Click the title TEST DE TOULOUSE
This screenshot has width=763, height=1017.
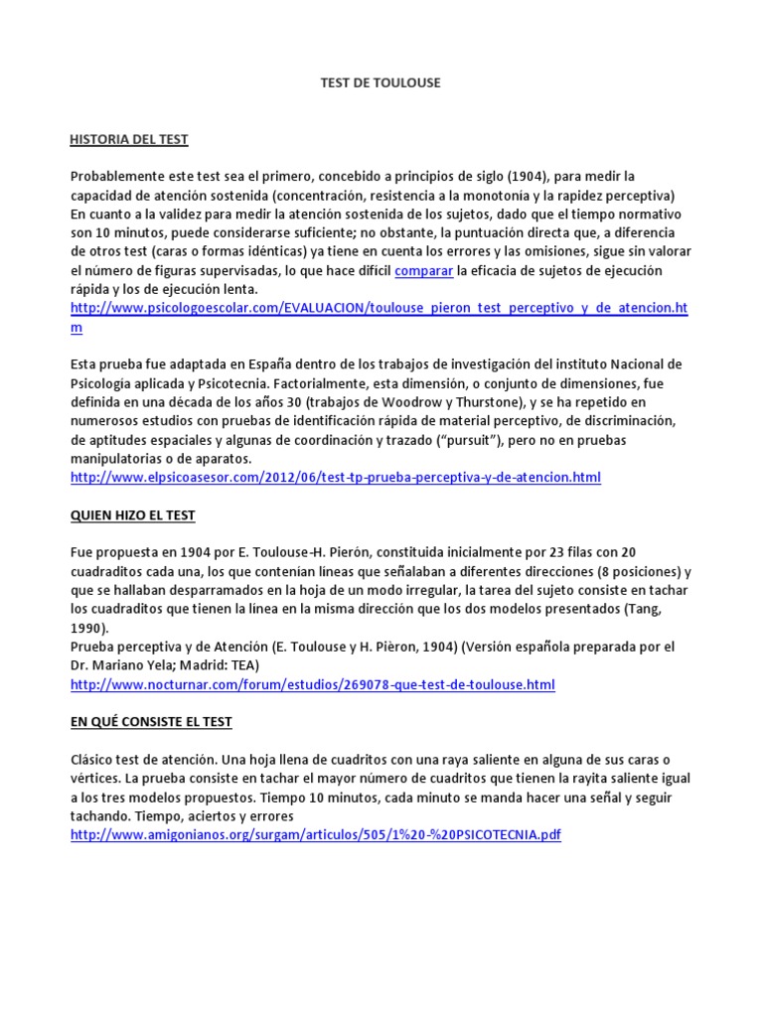[381, 83]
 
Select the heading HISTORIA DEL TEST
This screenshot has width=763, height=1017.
[129, 139]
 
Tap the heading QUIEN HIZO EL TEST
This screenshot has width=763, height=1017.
[132, 515]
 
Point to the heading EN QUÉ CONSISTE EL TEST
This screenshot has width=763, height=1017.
[150, 721]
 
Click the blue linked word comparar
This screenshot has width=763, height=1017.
[424, 270]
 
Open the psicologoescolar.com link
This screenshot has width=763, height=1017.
[378, 308]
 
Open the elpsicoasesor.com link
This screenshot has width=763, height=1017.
[336, 478]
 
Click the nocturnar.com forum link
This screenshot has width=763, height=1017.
[312, 684]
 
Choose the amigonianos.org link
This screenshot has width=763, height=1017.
[315, 835]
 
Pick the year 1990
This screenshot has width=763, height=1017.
[88, 628]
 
